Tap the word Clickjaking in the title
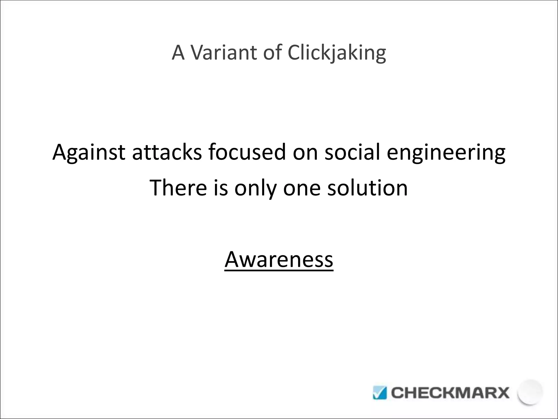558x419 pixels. pyautogui.click(x=337, y=53)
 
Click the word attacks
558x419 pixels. pyautogui.click(x=167, y=152)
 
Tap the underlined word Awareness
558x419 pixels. pyautogui.click(x=279, y=259)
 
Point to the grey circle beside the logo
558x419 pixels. pyautogui.click(x=530, y=392)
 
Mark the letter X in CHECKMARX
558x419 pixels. pyautogui.click(x=502, y=393)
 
